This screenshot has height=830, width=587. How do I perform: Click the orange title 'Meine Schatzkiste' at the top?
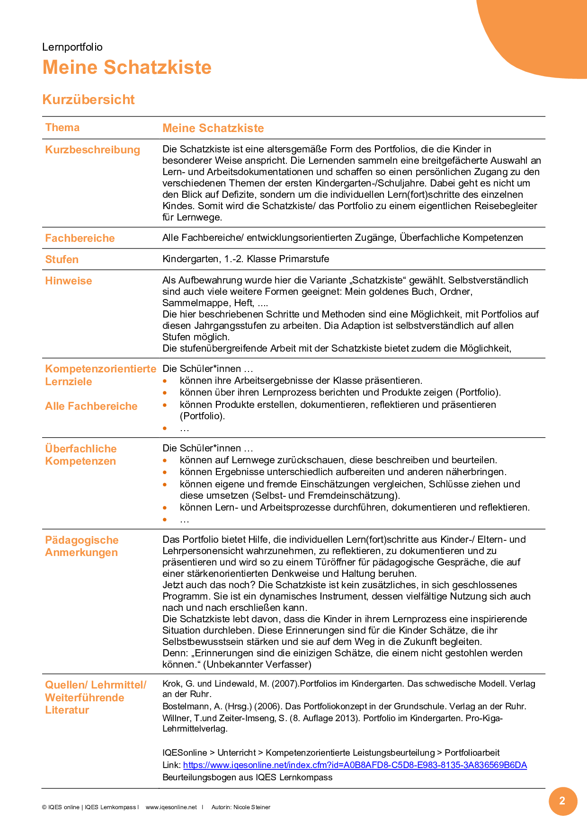click(127, 67)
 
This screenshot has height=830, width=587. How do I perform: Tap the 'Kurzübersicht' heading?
click(89, 99)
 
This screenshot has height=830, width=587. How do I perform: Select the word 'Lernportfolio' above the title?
click(72, 47)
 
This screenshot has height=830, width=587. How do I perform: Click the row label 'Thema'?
click(62, 128)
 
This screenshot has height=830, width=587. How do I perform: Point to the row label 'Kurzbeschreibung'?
click(93, 150)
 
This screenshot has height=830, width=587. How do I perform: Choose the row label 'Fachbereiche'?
click(80, 238)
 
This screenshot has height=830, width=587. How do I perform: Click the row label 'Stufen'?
click(62, 260)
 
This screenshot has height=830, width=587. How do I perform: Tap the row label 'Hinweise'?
click(69, 281)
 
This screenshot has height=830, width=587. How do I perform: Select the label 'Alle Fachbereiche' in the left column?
click(91, 406)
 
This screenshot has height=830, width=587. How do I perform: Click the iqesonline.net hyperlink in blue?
click(355, 765)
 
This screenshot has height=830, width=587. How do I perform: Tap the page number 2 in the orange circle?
click(562, 801)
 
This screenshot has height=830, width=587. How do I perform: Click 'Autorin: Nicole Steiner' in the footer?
click(241, 807)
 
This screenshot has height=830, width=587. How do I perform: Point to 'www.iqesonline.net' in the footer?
click(171, 807)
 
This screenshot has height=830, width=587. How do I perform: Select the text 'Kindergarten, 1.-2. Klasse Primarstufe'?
click(246, 259)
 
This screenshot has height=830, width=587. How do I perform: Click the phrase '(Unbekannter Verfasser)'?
click(258, 664)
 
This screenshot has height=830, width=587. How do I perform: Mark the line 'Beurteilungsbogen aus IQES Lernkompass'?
click(247, 777)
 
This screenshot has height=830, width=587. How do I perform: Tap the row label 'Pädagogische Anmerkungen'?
click(82, 547)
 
